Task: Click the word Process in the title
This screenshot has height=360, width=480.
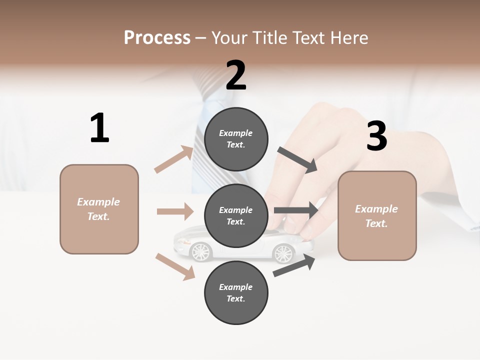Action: tap(157, 37)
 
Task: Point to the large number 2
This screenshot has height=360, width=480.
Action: tap(236, 75)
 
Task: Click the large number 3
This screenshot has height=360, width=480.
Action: tap(376, 136)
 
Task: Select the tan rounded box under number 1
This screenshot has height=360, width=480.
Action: tap(99, 209)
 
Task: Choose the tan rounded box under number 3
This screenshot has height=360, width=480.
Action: tap(377, 216)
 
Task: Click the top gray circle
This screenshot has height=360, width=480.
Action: tap(236, 139)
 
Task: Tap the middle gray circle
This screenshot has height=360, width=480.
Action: tap(236, 216)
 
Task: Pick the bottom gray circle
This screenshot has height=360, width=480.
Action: tap(236, 293)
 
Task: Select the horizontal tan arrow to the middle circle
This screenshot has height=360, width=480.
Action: tap(175, 211)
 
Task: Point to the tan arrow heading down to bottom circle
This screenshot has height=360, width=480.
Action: tap(175, 266)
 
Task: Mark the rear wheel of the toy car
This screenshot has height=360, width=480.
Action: tap(283, 253)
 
